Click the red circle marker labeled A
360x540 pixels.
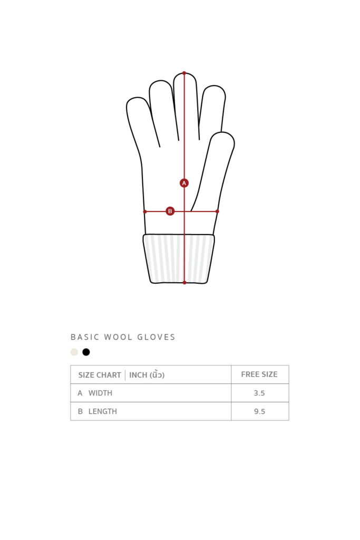click(x=184, y=183)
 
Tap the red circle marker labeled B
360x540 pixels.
click(x=170, y=211)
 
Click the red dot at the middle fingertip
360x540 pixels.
click(x=184, y=73)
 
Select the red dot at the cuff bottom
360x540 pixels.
click(x=184, y=283)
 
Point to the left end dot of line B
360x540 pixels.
click(x=145, y=211)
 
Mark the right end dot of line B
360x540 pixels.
click(x=217, y=211)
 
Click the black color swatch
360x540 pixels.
click(x=86, y=352)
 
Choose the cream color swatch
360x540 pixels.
click(x=74, y=352)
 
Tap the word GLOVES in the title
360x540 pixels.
click(x=156, y=337)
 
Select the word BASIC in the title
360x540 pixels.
click(x=85, y=337)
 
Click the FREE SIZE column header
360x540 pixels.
click(x=259, y=374)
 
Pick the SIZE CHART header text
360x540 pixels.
click(x=100, y=375)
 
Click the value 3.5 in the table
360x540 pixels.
click(x=259, y=393)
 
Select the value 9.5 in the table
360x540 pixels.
click(x=259, y=411)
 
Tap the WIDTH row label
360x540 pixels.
click(x=100, y=393)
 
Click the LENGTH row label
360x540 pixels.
click(x=103, y=411)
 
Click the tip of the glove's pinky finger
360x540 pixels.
click(x=137, y=98)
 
